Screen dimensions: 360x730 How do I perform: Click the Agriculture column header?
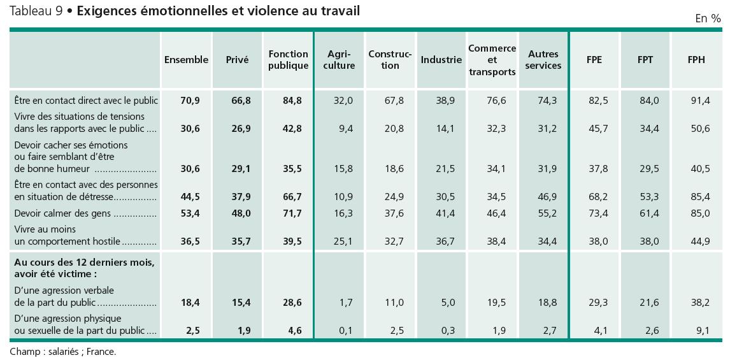tap(340, 60)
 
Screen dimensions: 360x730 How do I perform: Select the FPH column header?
tap(696, 60)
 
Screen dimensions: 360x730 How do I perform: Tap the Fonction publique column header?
tap(288, 60)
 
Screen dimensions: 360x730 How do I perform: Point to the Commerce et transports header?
tap(492, 60)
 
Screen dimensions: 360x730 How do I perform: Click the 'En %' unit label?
tap(708, 19)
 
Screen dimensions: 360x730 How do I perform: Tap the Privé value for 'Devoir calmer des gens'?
tap(241, 213)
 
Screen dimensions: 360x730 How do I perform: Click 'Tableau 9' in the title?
tap(36, 11)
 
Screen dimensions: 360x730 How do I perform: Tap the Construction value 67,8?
tap(394, 101)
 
